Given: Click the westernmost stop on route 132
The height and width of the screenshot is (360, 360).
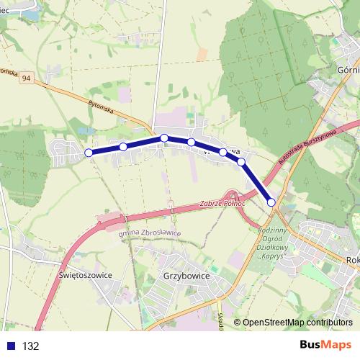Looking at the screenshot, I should tap(89, 153).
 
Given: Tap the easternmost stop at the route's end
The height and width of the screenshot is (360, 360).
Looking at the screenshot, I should tap(271, 202).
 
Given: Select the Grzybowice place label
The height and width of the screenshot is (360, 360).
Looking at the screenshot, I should tap(183, 275).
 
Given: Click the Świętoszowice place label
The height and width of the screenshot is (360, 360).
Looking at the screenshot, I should tap(82, 275).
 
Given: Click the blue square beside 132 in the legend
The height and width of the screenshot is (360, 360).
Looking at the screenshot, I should tap(9, 346).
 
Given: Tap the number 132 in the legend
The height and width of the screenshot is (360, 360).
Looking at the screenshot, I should tap(31, 346).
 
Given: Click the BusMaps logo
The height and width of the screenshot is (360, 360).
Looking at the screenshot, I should tap(326, 345).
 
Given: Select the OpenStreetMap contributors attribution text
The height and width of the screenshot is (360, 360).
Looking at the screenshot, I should tap(297, 323).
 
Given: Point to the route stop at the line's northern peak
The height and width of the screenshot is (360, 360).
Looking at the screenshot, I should tap(164, 138).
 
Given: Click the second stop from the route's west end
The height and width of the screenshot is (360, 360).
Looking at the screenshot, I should tap(123, 147).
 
